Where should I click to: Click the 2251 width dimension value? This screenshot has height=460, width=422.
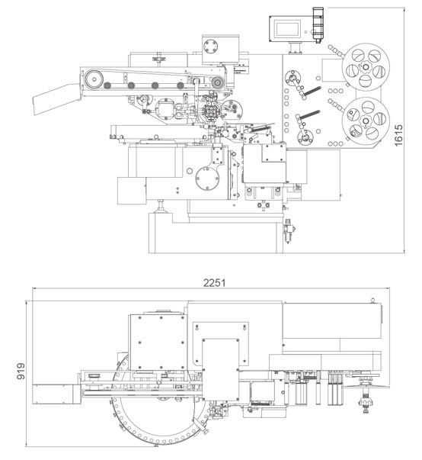click(x=215, y=283)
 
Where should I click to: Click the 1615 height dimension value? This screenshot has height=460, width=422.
click(x=398, y=135)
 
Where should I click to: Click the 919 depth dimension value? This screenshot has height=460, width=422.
click(x=21, y=371)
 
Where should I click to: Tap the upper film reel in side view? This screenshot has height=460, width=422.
click(x=366, y=68)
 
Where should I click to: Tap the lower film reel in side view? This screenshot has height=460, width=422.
click(x=366, y=121)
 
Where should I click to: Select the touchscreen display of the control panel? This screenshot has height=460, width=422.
click(x=288, y=29)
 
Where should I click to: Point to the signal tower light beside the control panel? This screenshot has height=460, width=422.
click(x=318, y=24)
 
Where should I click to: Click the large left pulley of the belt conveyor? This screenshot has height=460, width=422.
click(x=94, y=79)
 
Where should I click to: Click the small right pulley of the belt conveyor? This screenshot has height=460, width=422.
click(x=217, y=82)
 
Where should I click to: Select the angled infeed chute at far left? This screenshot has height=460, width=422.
click(x=56, y=99)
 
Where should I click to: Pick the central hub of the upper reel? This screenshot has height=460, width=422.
click(x=366, y=68)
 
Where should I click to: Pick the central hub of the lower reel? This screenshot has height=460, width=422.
click(x=366, y=121)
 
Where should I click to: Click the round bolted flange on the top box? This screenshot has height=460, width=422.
click(x=211, y=47)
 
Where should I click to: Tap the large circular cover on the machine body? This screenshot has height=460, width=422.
click(x=207, y=179)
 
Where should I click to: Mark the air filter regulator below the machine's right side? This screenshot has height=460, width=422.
click(x=289, y=231)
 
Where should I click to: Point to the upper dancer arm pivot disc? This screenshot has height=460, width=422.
click(x=293, y=78)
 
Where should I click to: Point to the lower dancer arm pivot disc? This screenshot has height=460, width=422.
click(x=305, y=137)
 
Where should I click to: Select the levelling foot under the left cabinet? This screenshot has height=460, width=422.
click(x=160, y=207)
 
